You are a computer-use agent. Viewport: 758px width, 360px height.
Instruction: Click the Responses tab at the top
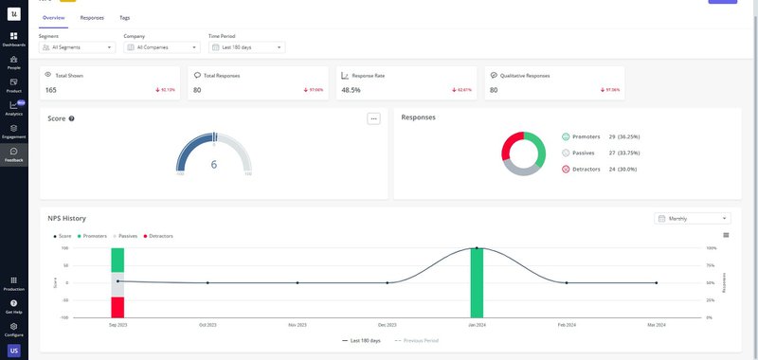tap(93, 18)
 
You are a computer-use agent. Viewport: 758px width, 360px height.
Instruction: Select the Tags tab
tap(125, 18)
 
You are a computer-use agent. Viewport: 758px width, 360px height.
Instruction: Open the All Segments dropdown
tap(77, 46)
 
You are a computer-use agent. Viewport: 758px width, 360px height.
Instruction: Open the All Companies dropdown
tap(161, 46)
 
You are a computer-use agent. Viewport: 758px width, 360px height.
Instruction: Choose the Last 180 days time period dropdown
tap(246, 46)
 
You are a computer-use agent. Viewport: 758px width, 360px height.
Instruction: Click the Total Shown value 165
tap(51, 90)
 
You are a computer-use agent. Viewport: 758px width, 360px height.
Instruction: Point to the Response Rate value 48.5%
tap(351, 90)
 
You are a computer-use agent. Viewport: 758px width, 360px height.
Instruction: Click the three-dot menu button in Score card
tap(373, 118)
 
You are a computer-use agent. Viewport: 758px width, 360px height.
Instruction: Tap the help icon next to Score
tap(72, 118)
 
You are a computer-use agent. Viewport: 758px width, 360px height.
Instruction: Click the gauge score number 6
tap(214, 164)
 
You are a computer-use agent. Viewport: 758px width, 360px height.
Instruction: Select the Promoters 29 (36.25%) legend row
tap(601, 136)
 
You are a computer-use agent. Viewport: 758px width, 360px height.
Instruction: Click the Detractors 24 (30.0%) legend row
tap(601, 168)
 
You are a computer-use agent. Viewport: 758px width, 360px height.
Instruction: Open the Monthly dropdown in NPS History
tap(692, 218)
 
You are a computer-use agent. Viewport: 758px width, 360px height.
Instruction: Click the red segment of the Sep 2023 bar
tap(117, 307)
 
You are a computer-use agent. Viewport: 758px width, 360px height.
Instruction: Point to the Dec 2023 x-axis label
tap(387, 324)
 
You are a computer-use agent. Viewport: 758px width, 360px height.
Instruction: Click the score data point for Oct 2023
tap(208, 282)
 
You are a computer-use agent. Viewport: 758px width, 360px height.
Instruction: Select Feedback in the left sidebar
tap(13, 154)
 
